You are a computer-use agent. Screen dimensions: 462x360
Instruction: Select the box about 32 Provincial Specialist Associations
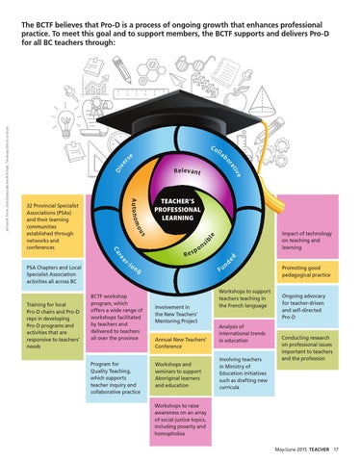pos(57,227)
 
